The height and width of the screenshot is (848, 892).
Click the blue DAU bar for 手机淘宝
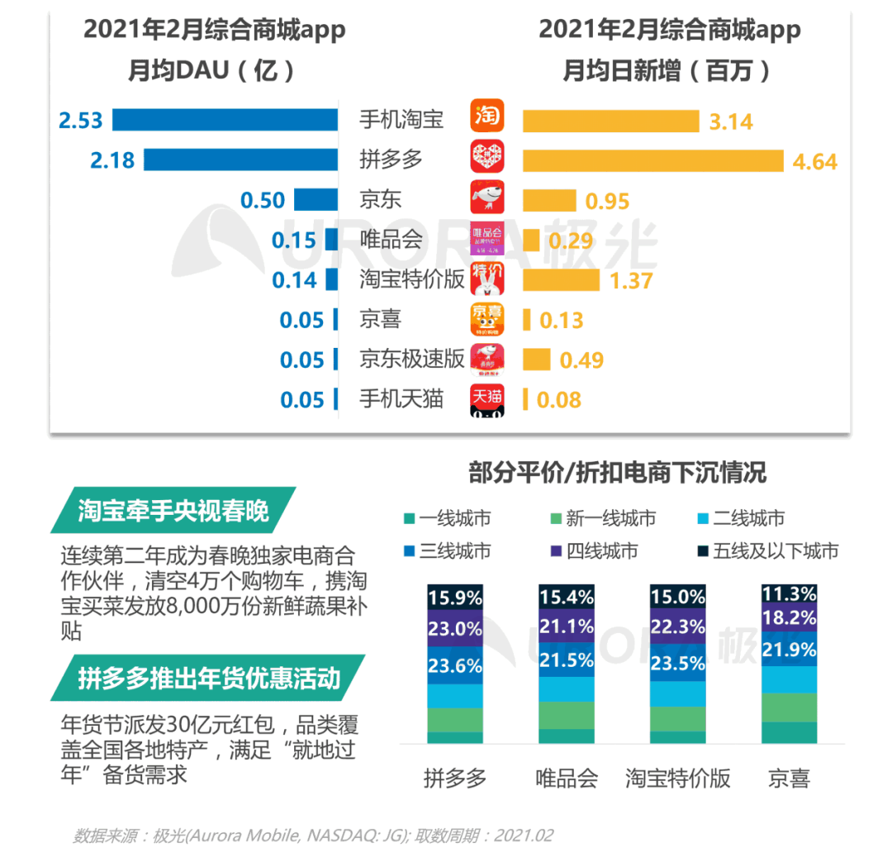click(225, 120)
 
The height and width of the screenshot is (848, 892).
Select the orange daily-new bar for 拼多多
click(652, 160)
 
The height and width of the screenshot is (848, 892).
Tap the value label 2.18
click(112, 160)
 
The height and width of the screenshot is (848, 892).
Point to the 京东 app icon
click(486, 199)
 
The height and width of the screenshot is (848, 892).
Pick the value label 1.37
click(631, 280)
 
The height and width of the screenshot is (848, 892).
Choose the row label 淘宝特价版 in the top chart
click(411, 279)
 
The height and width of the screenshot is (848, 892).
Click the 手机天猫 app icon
click(486, 399)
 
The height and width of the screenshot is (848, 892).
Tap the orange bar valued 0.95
click(549, 200)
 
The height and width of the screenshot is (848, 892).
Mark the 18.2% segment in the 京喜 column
click(789, 619)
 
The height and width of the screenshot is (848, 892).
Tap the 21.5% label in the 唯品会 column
click(566, 660)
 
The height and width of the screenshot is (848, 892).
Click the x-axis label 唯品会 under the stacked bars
click(566, 778)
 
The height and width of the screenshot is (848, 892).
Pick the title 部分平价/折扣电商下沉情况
click(617, 472)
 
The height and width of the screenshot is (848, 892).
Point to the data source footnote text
click(313, 835)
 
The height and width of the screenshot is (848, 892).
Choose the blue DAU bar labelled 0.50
click(316, 200)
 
